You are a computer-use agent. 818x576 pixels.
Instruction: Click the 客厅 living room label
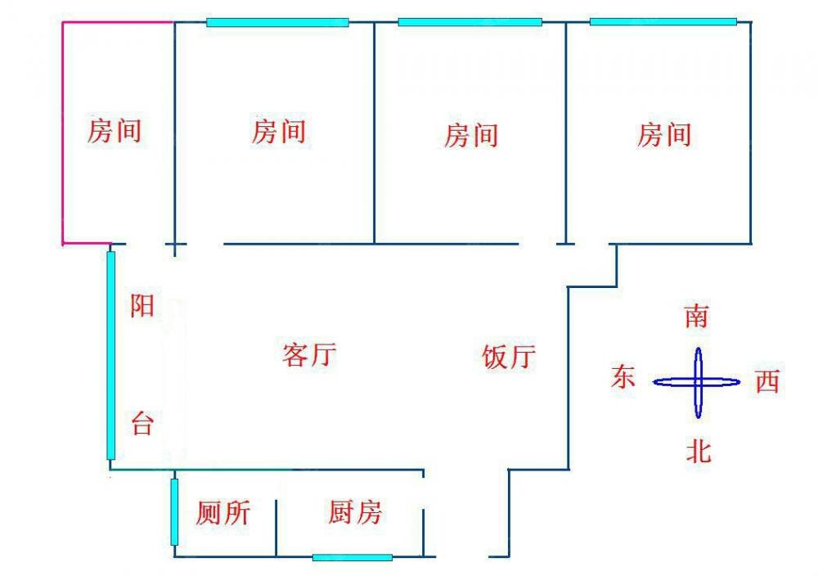point(308,356)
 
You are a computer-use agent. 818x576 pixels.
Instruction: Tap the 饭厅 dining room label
point(509,357)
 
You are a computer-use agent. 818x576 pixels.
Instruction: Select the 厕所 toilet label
point(223,513)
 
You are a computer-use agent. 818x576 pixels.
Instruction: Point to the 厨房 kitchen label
point(354,513)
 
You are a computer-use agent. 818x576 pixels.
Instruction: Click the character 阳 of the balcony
point(142,307)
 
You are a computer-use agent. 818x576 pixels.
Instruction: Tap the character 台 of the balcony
point(142,424)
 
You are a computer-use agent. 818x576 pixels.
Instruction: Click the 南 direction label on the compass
point(696,316)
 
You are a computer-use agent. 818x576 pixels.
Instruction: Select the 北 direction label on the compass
point(698,451)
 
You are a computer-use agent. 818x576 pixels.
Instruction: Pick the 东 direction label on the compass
point(623,377)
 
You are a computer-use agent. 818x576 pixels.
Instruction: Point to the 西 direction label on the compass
point(766,381)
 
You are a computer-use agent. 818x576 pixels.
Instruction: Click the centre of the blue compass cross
point(699,381)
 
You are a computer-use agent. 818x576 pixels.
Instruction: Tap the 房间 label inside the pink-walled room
point(115,130)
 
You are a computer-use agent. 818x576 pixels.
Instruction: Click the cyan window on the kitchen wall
point(352,557)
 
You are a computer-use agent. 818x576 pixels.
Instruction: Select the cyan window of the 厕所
point(174,512)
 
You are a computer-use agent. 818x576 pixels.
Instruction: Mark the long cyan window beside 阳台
point(111,356)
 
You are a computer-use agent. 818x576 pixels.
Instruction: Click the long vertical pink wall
point(63,131)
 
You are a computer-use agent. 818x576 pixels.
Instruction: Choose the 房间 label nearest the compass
point(663,134)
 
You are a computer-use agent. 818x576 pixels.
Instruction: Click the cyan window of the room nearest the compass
point(663,22)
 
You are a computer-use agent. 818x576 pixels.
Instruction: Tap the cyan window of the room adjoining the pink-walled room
point(277,22)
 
